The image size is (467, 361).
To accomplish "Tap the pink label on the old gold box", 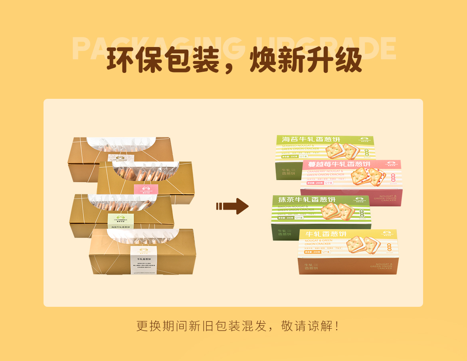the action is pos(146,190).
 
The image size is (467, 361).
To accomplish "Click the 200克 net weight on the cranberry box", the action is pos(318,183).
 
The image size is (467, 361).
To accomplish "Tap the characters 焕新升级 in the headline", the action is pos(306,61).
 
